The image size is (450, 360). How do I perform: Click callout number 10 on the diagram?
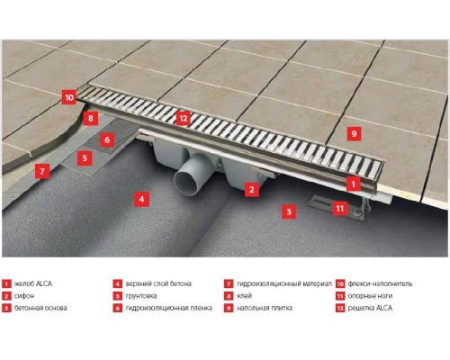tap(69, 97)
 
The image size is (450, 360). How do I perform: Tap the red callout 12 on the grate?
tap(183, 118)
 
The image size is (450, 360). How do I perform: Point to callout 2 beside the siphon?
tap(253, 189)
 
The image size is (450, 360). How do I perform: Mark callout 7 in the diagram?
tap(40, 170)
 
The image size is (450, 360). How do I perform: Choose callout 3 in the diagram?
tap(288, 212)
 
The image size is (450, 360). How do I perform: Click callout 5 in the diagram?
tap(84, 157)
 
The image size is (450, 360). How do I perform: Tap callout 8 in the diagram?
tap(89, 118)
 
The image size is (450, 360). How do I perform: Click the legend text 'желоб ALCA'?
tap(33, 283)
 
